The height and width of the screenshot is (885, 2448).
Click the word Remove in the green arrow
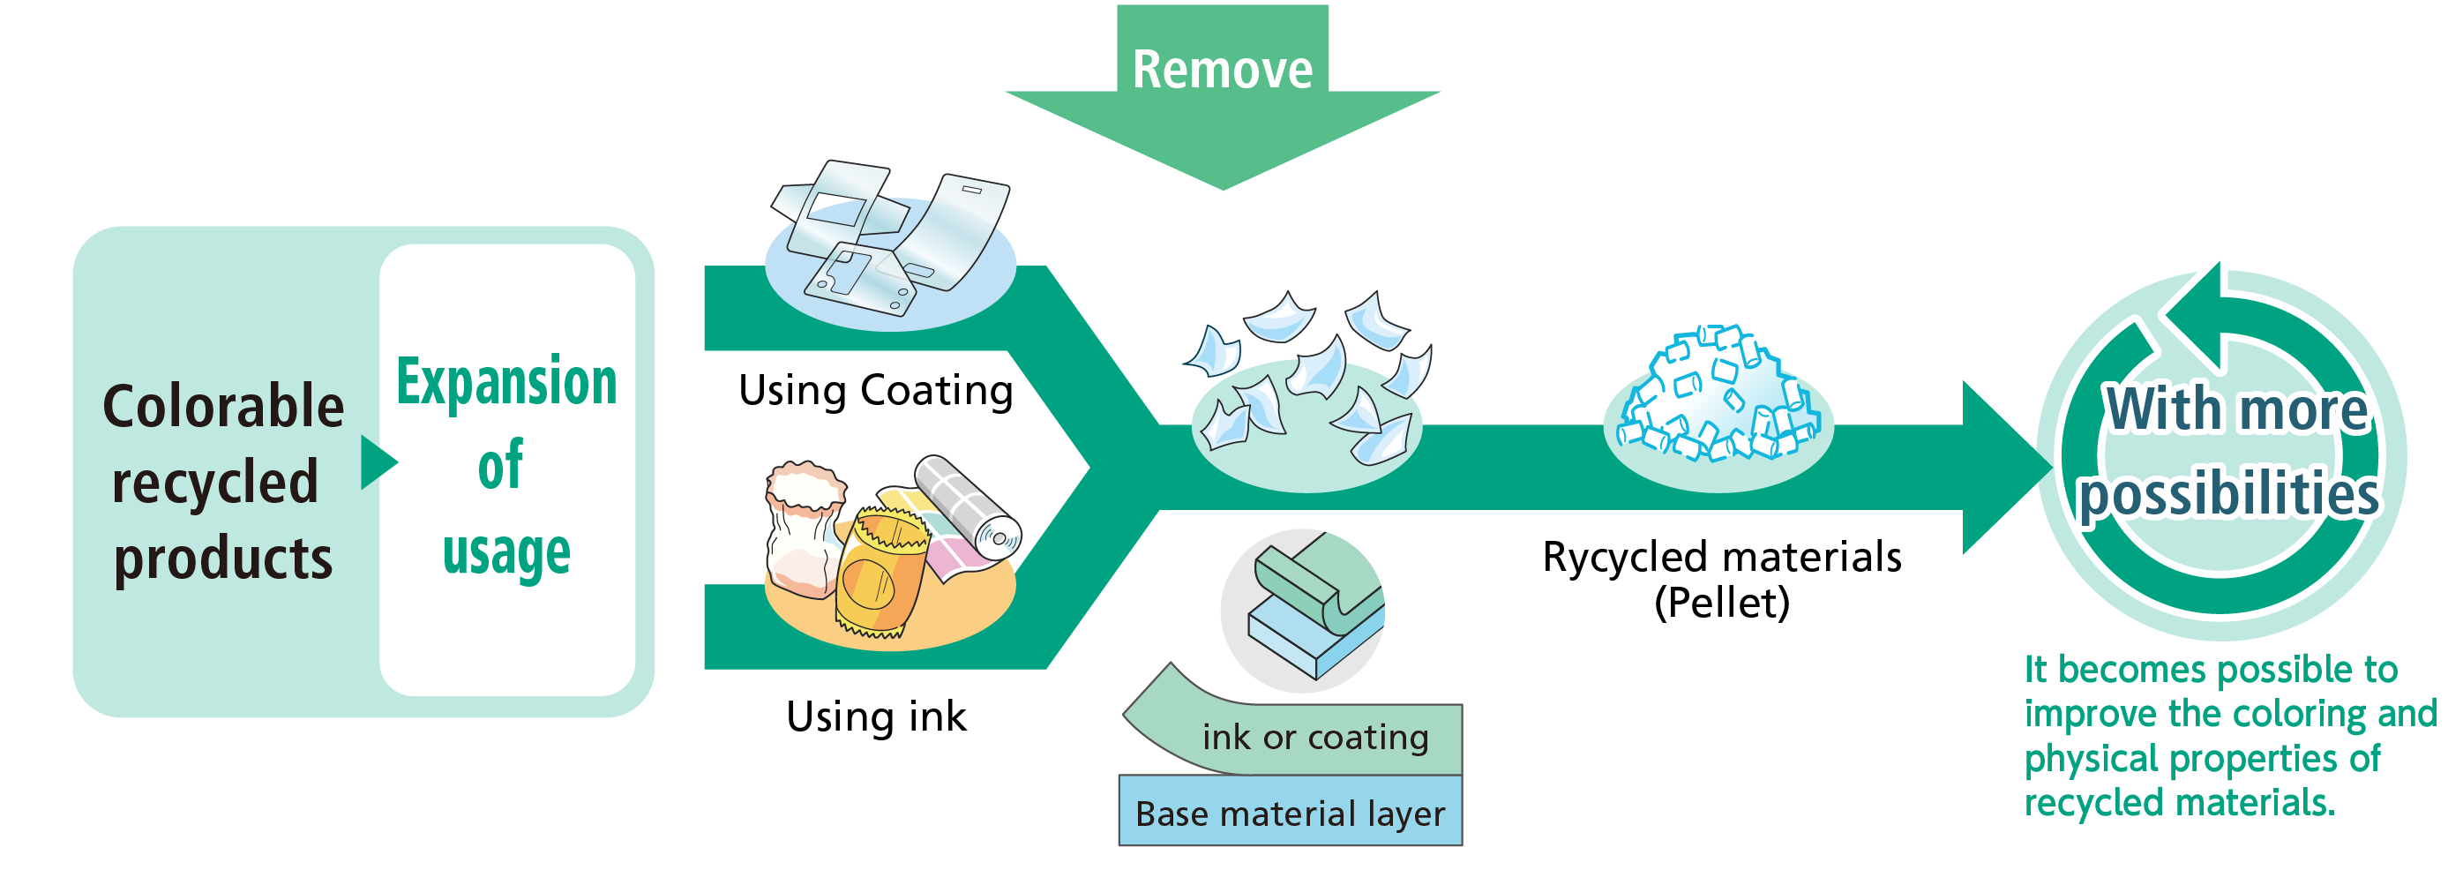(x=1222, y=71)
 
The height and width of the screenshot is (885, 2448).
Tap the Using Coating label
(x=875, y=391)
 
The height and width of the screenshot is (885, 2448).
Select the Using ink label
(x=876, y=716)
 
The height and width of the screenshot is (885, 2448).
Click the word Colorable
(x=223, y=407)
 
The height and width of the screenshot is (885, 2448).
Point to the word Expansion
(x=506, y=382)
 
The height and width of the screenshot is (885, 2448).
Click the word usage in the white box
(x=506, y=553)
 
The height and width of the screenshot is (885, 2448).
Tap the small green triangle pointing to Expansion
(x=378, y=463)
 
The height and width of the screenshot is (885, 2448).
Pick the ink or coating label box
(x=1314, y=737)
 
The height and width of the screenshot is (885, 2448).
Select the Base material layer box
(x=1290, y=813)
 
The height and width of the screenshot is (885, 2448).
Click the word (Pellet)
(x=1722, y=603)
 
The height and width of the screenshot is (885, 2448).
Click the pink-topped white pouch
(x=804, y=528)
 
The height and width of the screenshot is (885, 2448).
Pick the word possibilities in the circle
(x=2228, y=494)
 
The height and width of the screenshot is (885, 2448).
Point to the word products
(x=223, y=559)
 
